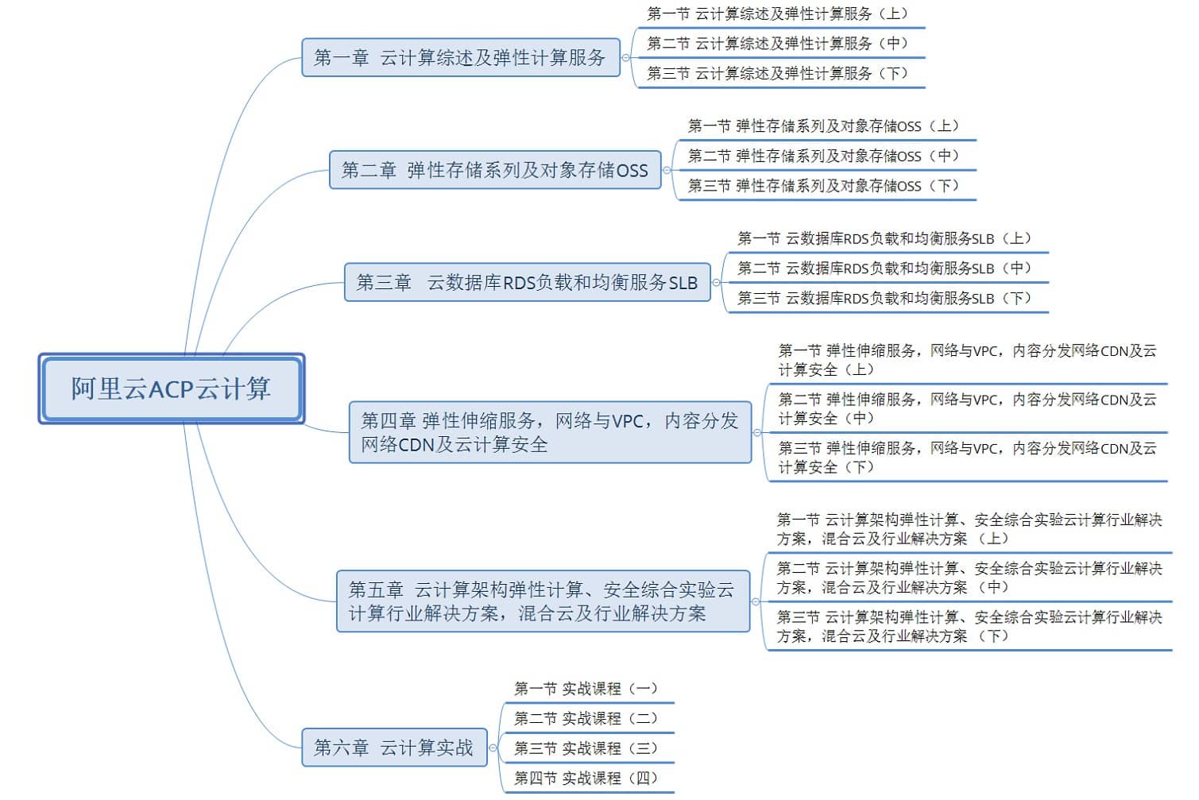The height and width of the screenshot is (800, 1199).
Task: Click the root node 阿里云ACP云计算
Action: coord(172,388)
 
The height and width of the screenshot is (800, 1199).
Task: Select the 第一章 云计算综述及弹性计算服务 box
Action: coord(461,57)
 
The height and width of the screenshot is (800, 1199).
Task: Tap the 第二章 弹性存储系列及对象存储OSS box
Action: coord(495,170)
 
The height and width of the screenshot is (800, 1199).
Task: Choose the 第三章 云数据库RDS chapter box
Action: coord(528,282)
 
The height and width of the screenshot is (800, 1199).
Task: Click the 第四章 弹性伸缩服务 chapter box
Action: coord(551,432)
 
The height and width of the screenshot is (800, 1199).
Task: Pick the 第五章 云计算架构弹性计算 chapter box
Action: coord(543,601)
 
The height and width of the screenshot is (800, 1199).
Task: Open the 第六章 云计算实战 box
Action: coord(394,748)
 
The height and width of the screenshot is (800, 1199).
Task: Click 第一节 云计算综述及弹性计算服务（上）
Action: coord(777,14)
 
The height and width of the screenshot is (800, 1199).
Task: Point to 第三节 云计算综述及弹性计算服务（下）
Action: coord(777,73)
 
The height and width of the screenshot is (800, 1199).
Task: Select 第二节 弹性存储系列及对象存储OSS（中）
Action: coord(823,156)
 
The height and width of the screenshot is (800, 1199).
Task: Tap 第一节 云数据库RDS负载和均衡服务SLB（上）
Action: coord(884,238)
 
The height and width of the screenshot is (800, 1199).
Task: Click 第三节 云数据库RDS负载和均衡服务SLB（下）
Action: coord(884,298)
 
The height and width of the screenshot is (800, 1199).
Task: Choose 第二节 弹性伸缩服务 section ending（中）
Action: coord(967,408)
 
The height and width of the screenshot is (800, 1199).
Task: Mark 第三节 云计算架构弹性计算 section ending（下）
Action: coord(969,627)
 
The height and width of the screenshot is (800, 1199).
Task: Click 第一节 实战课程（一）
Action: coord(586,688)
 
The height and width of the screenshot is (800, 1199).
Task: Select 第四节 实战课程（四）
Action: coord(586,778)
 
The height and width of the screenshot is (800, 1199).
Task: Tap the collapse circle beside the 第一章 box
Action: coord(626,57)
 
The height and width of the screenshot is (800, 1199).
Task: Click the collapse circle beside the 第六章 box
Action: coord(493,748)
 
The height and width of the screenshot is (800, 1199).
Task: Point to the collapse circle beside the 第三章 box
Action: coord(716,283)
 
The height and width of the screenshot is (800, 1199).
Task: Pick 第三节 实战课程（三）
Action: coord(586,748)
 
